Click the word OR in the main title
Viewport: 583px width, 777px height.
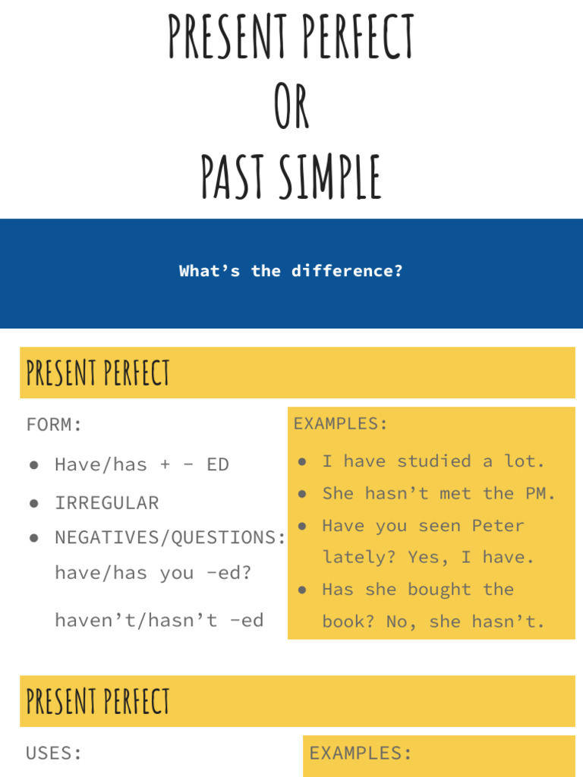291,108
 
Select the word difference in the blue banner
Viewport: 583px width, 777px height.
346,271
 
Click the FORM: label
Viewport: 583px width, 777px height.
54,425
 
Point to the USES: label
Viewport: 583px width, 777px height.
54,753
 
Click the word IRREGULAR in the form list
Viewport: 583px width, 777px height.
106,503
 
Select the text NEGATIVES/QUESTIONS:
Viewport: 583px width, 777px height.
170,538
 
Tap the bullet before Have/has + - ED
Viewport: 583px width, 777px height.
33,465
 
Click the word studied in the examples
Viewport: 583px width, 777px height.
434,461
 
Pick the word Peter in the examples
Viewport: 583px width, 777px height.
498,526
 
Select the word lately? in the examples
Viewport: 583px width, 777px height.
359,558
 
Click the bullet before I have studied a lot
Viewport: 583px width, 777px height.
302,461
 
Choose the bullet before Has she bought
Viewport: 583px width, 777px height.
302,590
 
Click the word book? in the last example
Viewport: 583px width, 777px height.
349,622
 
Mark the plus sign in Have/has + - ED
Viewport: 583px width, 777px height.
165,465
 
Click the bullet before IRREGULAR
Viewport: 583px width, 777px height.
33,503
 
